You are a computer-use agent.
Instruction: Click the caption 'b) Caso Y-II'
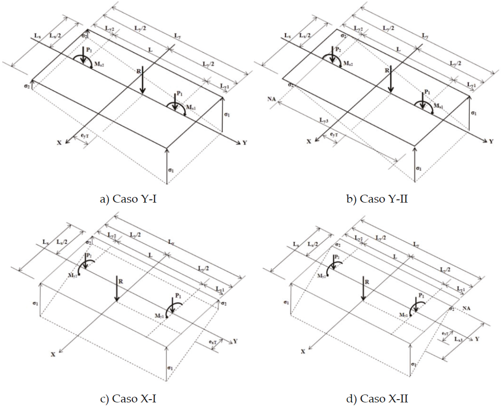tap(377, 199)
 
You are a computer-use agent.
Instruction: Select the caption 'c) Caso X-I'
tap(126, 398)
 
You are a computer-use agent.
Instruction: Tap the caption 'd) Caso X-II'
tap(378, 398)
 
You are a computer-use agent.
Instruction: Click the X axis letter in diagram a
tap(60, 143)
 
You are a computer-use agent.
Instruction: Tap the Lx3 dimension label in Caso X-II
tap(458, 340)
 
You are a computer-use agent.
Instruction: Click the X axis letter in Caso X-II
tap(303, 351)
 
